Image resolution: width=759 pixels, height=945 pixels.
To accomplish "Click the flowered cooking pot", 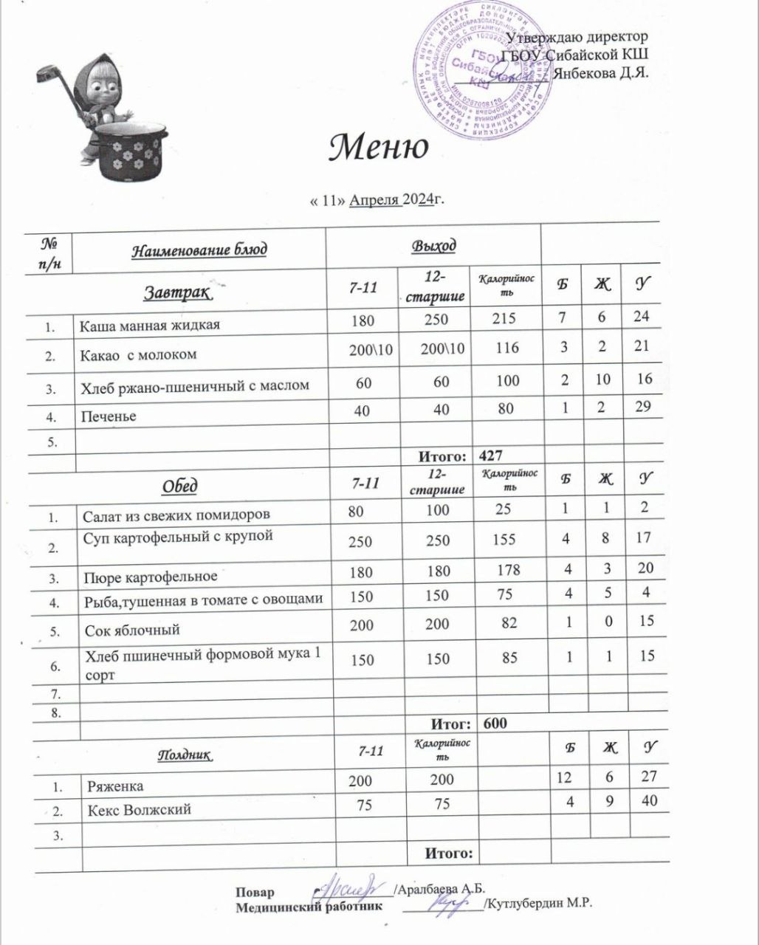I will [x=130, y=152].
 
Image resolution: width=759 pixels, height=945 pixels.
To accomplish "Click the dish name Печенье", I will [x=108, y=416].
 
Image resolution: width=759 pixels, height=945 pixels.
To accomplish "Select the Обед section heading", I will [x=179, y=486].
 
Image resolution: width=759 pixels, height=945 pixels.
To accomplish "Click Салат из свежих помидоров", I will [x=176, y=514].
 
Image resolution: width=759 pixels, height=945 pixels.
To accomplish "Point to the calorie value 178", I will [x=508, y=569].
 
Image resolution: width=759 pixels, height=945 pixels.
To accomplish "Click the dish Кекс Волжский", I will [x=140, y=810].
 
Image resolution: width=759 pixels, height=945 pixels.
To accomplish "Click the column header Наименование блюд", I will [x=199, y=250].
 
